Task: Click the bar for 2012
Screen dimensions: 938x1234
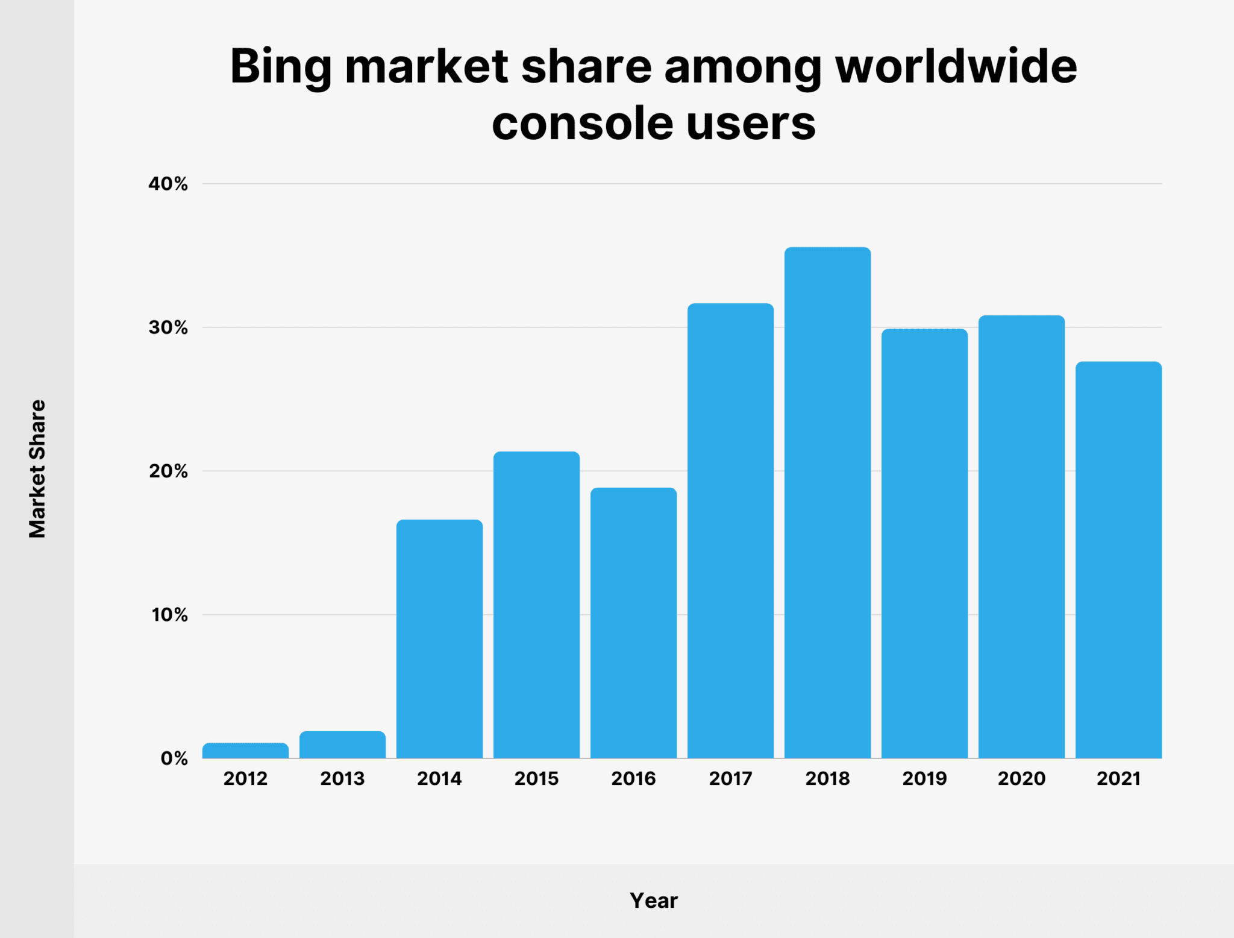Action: [245, 751]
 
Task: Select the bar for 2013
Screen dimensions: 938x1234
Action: [342, 744]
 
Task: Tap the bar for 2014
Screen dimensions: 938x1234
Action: [439, 639]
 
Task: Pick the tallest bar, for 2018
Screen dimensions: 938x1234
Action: [827, 503]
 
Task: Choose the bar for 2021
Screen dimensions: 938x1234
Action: [1118, 560]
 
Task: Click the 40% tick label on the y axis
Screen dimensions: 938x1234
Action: [168, 184]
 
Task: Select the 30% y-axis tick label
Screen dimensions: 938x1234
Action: [168, 328]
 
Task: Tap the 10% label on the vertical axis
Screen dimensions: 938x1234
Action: [169, 615]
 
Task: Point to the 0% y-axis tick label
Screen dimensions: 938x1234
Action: [174, 759]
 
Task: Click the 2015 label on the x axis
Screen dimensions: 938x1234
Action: [536, 779]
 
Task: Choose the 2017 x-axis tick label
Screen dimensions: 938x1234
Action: [730, 779]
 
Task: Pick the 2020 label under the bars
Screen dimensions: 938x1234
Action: [1021, 779]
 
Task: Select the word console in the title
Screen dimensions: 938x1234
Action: [582, 124]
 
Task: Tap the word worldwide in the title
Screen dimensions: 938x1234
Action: [956, 66]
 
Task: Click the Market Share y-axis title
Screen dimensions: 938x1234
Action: [37, 469]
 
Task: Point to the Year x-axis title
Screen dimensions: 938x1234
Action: [654, 901]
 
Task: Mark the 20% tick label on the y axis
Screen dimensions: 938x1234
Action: [168, 471]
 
